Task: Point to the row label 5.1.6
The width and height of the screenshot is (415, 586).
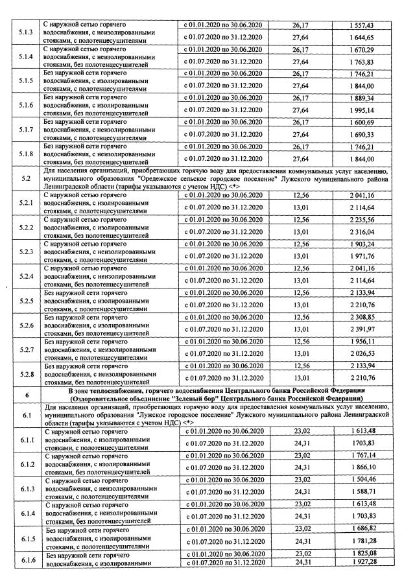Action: [23, 105]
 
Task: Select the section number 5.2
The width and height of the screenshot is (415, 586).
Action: [23, 177]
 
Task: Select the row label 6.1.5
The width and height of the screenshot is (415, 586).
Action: [23, 538]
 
